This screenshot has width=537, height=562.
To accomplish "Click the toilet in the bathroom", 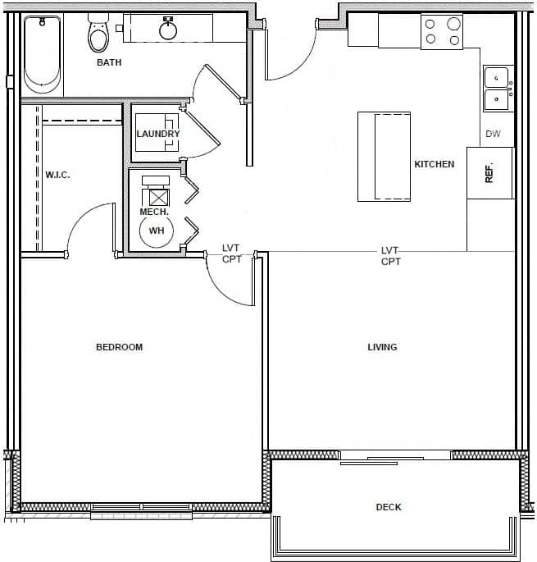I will point(98,34).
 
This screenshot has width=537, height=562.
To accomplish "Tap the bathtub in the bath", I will point(42,54).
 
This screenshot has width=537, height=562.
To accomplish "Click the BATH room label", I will point(110,62).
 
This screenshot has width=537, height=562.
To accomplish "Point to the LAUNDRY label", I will point(158,134).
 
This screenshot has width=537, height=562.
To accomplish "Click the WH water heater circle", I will point(156,231).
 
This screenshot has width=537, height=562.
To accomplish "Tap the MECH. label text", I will point(154,212).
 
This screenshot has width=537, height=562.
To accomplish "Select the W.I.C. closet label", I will point(57,175).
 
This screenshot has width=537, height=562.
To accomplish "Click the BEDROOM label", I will point(120,347).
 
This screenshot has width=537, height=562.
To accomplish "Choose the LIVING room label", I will point(382,347).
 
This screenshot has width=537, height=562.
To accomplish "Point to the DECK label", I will point(389,507).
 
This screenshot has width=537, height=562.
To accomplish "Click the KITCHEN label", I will point(434,164).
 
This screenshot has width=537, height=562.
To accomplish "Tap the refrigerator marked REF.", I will point(489,172).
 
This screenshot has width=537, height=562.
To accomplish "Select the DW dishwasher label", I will point(493,134).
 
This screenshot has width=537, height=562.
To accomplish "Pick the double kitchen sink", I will point(497,89).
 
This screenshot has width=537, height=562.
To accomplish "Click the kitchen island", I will point(384,156).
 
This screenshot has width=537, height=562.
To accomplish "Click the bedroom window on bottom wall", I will point(141,508).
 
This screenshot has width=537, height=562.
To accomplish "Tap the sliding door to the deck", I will point(395,458).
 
